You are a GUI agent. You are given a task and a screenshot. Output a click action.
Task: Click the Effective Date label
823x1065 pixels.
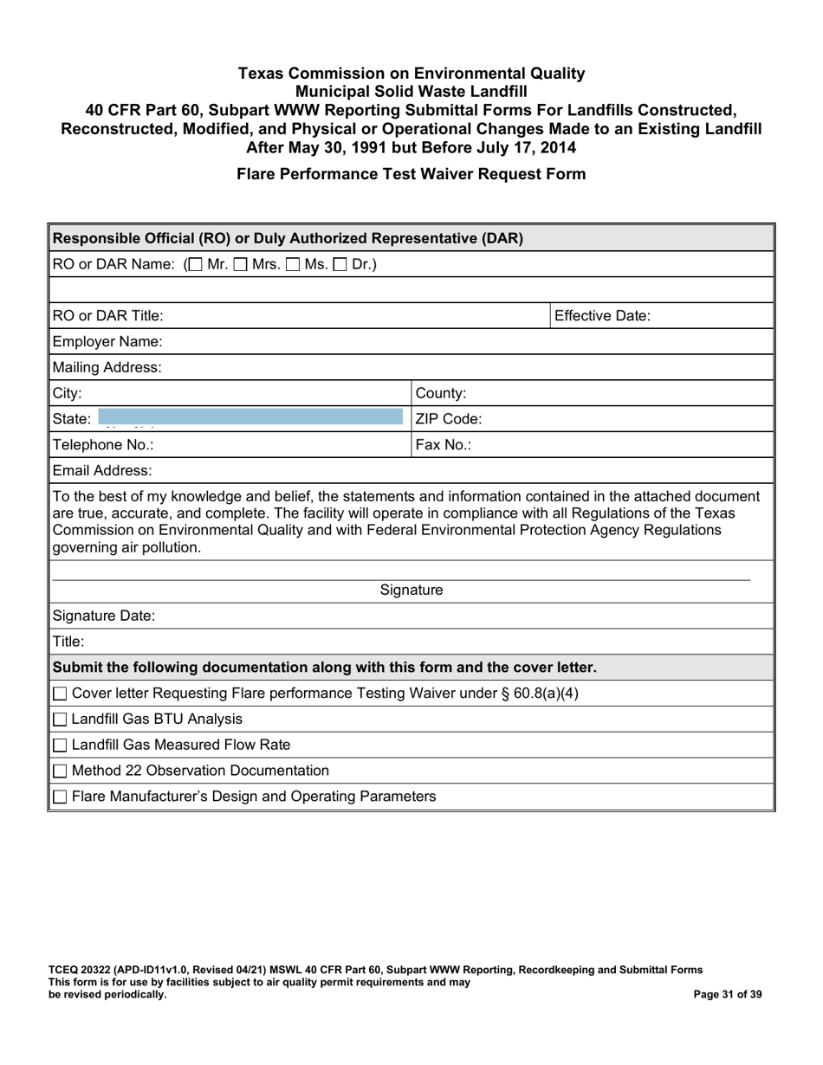[x=602, y=316]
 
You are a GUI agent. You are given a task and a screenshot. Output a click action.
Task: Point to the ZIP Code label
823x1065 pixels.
[x=449, y=419]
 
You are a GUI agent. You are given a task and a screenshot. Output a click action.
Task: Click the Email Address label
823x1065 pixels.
[x=102, y=471]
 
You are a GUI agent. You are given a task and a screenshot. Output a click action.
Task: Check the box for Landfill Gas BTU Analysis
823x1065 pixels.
[x=61, y=720]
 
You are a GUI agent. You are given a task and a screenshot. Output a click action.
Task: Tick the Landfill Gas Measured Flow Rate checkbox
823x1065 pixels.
[x=61, y=745]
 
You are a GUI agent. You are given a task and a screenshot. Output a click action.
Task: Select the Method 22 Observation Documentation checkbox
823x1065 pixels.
[x=61, y=771]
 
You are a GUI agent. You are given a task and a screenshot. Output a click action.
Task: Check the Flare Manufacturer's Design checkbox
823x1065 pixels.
[x=61, y=797]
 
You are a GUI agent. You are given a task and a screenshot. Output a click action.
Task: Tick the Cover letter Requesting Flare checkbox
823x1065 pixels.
[x=61, y=694]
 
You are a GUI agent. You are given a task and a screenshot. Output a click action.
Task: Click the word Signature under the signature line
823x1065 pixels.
[x=411, y=591]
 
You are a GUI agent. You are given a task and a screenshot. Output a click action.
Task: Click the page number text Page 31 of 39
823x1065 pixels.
[x=729, y=995]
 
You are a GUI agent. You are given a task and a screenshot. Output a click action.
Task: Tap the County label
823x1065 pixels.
[x=442, y=393]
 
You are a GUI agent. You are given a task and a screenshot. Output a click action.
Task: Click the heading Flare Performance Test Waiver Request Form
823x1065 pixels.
[x=411, y=174]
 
